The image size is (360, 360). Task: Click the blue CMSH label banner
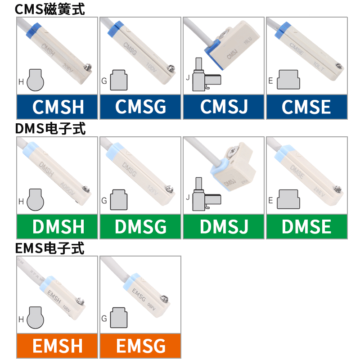57,107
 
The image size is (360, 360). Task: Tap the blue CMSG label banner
140,107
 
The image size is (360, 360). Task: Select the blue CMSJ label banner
224,107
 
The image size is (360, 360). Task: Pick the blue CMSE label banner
306,107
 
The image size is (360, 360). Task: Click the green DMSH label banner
57,227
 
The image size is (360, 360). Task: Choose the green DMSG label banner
140,227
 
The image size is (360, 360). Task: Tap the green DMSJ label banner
224,227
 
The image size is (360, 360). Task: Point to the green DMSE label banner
306,227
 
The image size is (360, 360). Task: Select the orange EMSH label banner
57,346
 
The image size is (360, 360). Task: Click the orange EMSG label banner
140,346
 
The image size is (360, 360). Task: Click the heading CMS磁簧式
49,9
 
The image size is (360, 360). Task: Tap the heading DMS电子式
50,129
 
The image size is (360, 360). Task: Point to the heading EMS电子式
49,248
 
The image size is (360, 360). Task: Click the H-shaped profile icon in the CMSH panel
35,80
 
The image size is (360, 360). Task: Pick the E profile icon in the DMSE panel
290,199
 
